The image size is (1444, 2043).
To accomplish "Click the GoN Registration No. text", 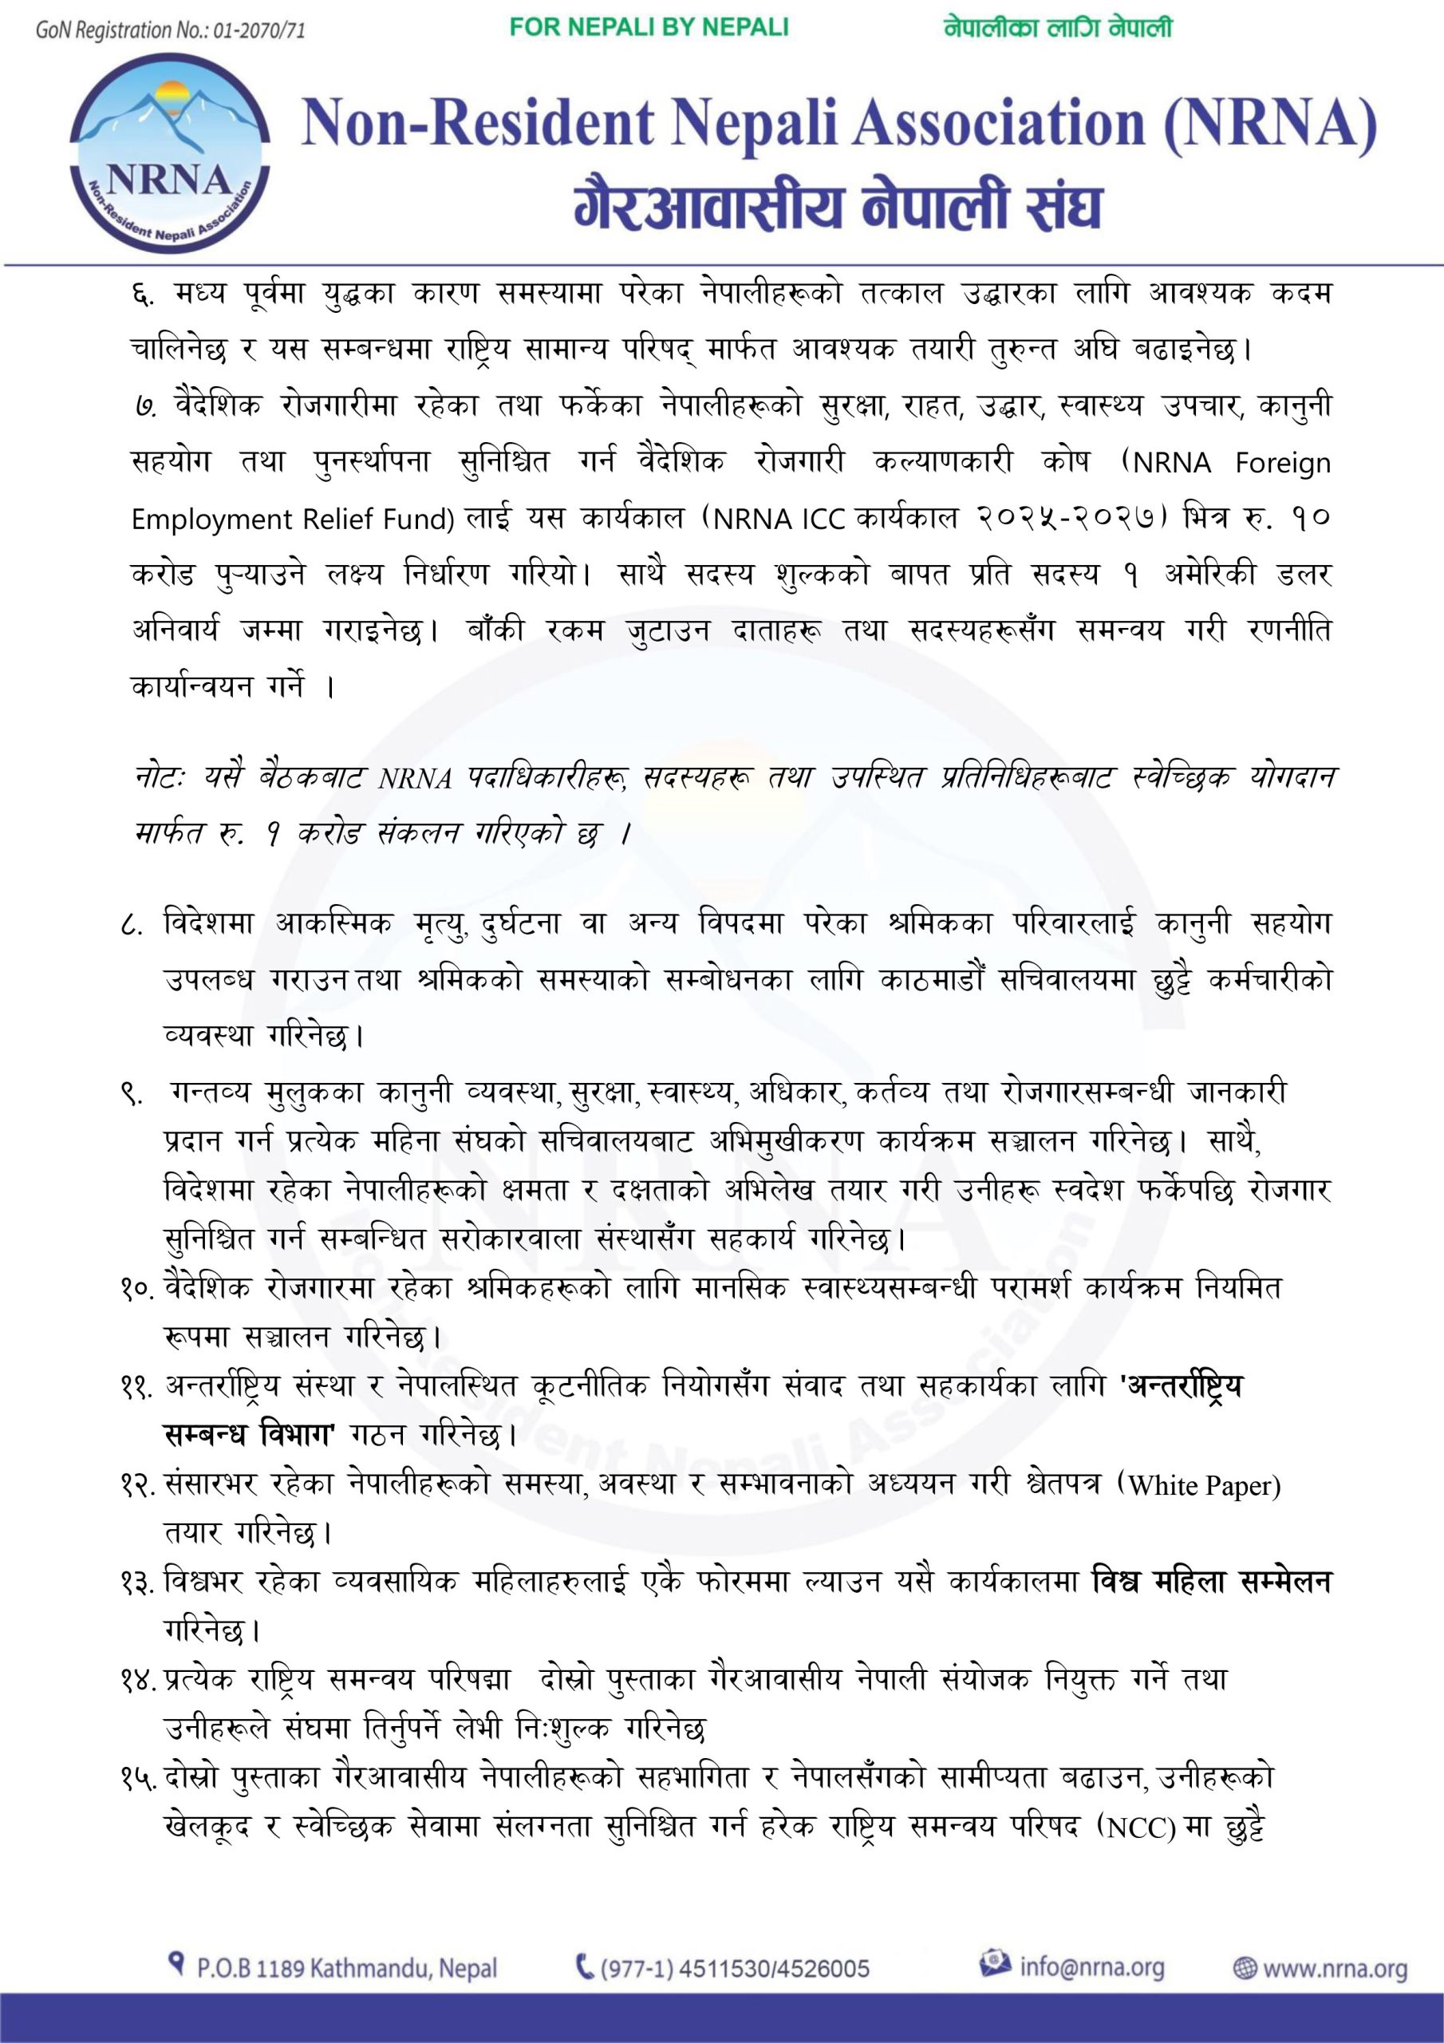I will tap(171, 30).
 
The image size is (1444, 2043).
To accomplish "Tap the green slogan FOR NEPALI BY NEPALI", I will tap(649, 28).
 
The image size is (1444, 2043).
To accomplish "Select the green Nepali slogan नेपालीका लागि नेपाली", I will tap(1058, 29).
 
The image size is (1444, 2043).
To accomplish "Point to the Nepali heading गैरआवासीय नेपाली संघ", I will tap(837, 206).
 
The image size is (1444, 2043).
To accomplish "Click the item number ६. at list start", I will tap(141, 294).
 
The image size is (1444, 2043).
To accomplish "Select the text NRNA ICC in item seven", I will tap(781, 519).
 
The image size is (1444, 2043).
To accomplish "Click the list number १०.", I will tap(139, 1286).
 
